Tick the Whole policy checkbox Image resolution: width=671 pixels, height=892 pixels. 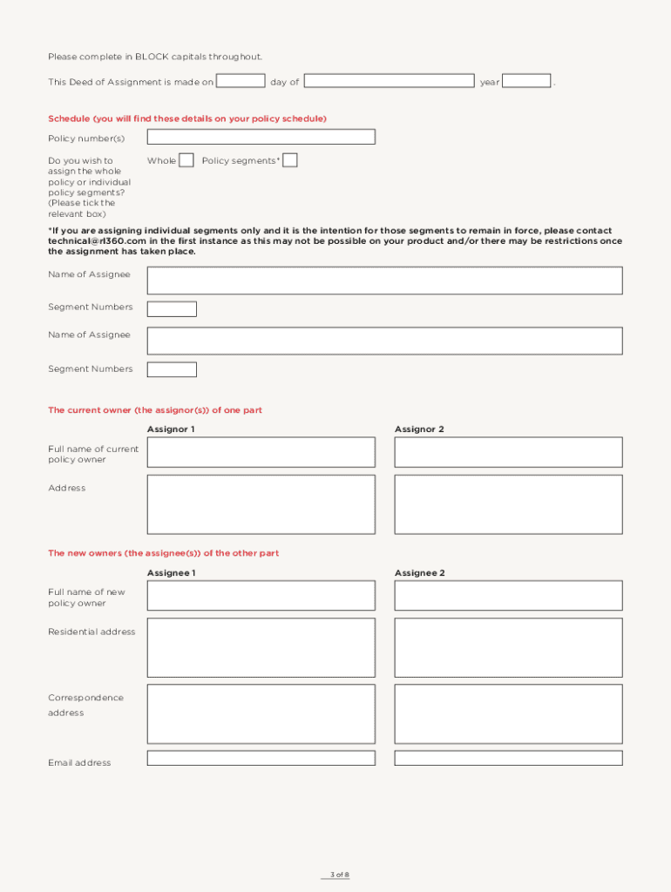point(186,160)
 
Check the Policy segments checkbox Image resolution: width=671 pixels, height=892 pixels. point(290,160)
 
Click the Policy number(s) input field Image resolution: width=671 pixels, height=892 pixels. point(261,137)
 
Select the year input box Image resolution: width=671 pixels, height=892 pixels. point(526,81)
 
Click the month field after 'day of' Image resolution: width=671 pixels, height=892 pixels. point(389,81)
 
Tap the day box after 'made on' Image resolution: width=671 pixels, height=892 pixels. point(241,81)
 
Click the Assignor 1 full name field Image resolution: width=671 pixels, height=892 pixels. point(261,452)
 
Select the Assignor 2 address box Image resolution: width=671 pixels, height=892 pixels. point(508,504)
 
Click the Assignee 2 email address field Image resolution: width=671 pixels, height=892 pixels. point(508,758)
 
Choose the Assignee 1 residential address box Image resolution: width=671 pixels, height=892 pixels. point(261,647)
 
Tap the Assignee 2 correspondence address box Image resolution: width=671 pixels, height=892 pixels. point(508,713)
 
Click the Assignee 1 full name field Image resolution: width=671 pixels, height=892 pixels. point(261,596)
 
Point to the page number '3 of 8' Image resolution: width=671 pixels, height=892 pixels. point(339,875)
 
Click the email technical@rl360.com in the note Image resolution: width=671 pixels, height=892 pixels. point(97,241)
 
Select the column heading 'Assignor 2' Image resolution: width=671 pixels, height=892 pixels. point(419,429)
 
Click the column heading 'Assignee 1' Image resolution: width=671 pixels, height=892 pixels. point(171,573)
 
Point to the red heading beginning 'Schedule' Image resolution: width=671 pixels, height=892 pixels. point(186,118)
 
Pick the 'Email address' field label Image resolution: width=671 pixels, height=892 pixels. point(79,763)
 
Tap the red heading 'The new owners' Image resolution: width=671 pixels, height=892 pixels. point(163,553)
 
